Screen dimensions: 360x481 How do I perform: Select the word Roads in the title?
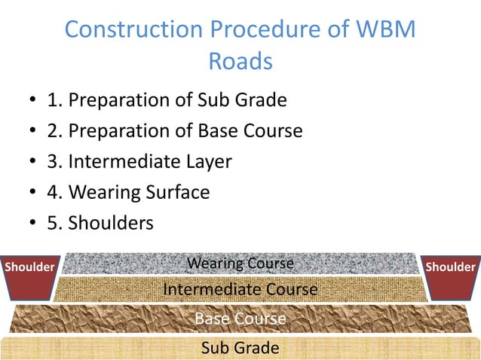point(240,61)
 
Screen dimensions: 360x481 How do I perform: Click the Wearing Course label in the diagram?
point(240,264)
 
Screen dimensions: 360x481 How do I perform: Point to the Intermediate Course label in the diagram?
point(240,289)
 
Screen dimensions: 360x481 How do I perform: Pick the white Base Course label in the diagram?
point(240,319)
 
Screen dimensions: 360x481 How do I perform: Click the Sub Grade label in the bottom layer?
point(240,348)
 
